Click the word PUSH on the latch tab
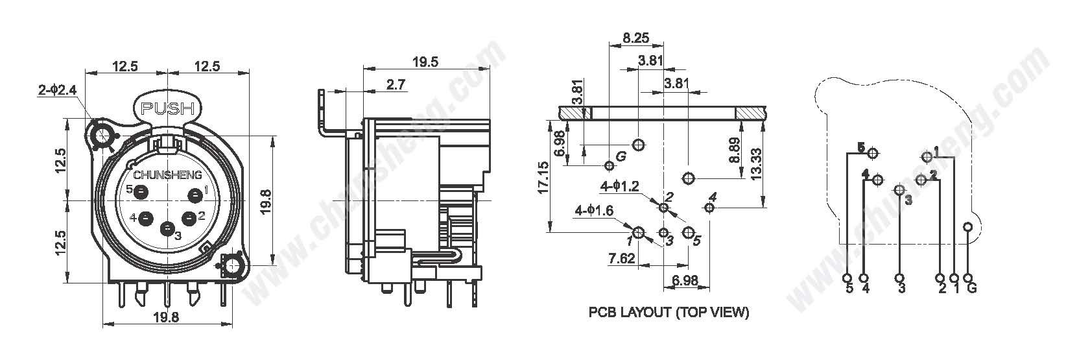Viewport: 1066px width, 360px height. coord(167,109)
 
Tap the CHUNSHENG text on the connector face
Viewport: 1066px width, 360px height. coord(167,175)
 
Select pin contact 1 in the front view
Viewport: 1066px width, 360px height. coord(195,195)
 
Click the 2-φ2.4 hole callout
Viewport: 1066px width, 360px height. coord(57,90)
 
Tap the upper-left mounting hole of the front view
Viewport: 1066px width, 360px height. coord(102,136)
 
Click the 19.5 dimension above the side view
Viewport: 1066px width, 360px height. coord(425,62)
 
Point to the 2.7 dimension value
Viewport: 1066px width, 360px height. coord(396,85)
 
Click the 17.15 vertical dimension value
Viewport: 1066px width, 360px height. coord(543,177)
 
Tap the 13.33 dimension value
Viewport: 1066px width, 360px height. coord(755,164)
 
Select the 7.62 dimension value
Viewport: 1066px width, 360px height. coord(622,258)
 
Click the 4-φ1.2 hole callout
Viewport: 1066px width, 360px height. coord(620,186)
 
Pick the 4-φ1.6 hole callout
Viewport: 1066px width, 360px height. coord(594,210)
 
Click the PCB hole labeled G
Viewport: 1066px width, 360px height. coord(609,165)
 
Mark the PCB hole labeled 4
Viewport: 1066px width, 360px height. coord(709,208)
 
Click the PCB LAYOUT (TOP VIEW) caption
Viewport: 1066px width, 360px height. coord(669,313)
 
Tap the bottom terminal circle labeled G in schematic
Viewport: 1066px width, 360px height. coord(968,278)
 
